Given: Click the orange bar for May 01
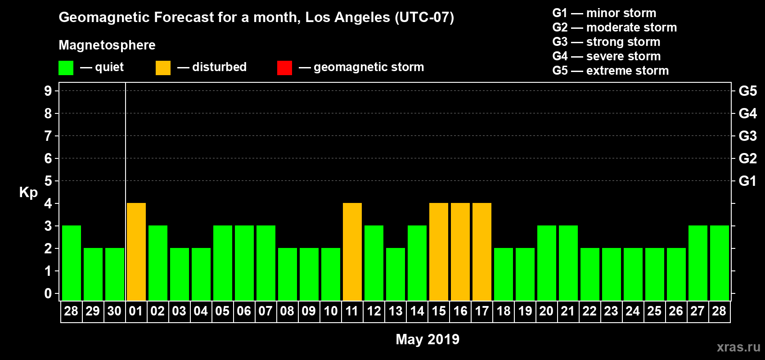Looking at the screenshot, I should (x=136, y=252).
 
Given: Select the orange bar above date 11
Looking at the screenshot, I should (x=352, y=252).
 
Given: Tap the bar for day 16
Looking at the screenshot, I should (x=460, y=252).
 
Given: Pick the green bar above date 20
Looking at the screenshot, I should (x=547, y=263).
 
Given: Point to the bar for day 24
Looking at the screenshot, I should (x=633, y=274).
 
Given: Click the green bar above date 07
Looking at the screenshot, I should (x=266, y=263).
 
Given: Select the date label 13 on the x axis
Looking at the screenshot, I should (x=396, y=311).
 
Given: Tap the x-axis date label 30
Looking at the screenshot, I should (x=114, y=311).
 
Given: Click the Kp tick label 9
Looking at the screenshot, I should (x=48, y=91).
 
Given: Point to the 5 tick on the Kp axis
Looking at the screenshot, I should (x=48, y=181).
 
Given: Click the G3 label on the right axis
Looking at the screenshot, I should (x=747, y=136).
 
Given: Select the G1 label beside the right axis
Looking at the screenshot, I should (x=747, y=181).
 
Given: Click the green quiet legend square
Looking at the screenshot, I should (x=66, y=68).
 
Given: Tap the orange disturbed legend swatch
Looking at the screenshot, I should (x=163, y=68).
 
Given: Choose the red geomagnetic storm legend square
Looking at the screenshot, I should (x=284, y=68).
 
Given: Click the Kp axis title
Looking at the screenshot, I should (x=28, y=192).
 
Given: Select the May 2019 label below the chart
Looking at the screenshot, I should (x=427, y=339).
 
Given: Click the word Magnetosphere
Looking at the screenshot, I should (x=107, y=45).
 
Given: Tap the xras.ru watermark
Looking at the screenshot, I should (x=738, y=347).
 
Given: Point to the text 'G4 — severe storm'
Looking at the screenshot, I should (x=607, y=56).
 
